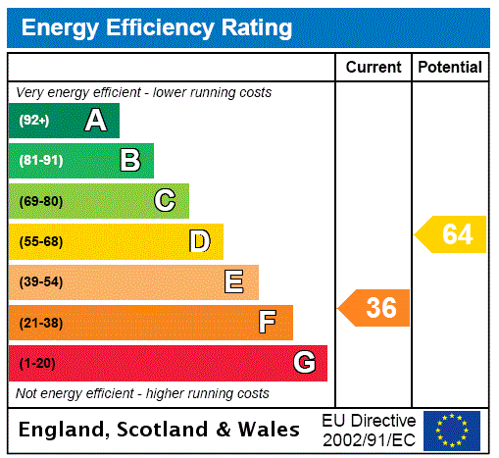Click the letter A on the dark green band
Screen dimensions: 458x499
click(95, 121)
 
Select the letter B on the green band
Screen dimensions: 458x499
click(129, 161)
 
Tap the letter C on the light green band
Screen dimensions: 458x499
click(165, 201)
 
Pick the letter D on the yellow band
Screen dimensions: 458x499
click(199, 241)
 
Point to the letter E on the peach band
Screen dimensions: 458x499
click(234, 282)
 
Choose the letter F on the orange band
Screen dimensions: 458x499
click(268, 322)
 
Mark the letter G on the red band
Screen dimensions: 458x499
click(304, 363)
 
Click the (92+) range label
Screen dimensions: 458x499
click(34, 122)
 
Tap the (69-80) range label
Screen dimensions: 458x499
click(40, 202)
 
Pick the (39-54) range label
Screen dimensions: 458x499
click(40, 282)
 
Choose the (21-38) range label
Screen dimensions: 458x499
click(40, 323)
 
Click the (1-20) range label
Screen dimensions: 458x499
click(37, 364)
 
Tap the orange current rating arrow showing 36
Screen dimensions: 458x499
click(374, 308)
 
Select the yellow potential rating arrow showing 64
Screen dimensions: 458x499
click(451, 235)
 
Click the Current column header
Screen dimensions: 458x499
click(374, 68)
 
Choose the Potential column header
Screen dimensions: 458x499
click(450, 68)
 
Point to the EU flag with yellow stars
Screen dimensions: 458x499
click(452, 431)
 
